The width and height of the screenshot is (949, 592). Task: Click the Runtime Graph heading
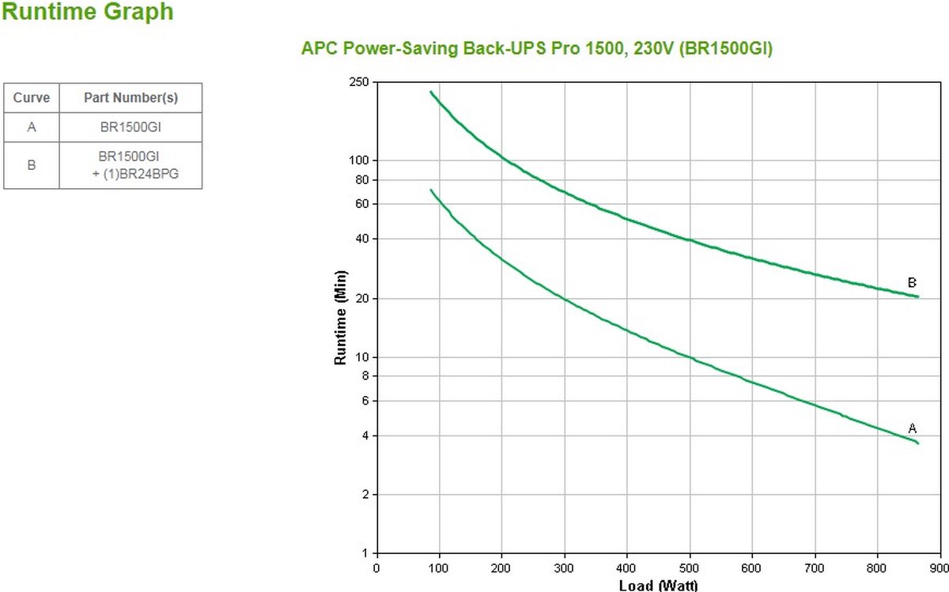pos(88,13)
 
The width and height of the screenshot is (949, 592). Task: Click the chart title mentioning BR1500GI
pos(537,49)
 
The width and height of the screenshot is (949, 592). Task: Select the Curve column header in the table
pos(32,98)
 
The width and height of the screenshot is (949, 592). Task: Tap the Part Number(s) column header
pos(130,98)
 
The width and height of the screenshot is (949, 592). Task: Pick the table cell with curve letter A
pos(32,126)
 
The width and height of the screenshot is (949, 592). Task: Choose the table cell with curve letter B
pos(32,165)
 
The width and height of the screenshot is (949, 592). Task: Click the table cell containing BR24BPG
pos(130,165)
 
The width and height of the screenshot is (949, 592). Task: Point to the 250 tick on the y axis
pos(361,82)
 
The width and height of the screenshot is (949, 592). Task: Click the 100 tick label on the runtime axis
pos(361,160)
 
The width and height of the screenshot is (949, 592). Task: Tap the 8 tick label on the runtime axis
pos(366,376)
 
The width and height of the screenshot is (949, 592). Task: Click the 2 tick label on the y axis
pos(366,495)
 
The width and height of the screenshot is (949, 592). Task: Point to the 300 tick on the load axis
pos(565,567)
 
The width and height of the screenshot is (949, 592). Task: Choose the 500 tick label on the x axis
pos(690,567)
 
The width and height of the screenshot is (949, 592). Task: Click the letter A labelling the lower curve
pos(912,428)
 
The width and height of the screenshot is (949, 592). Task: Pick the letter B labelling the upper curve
pos(912,282)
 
